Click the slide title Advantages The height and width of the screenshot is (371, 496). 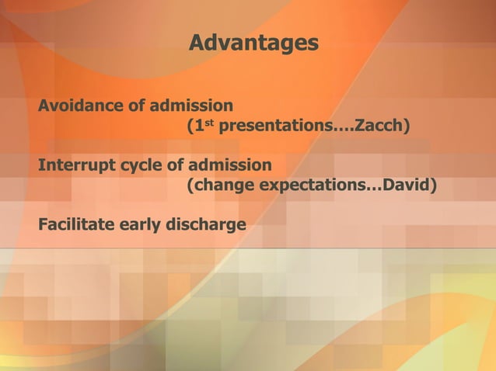[253, 43]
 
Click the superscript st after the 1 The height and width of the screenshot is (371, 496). [208, 122]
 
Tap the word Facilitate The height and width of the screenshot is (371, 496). [77, 225]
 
